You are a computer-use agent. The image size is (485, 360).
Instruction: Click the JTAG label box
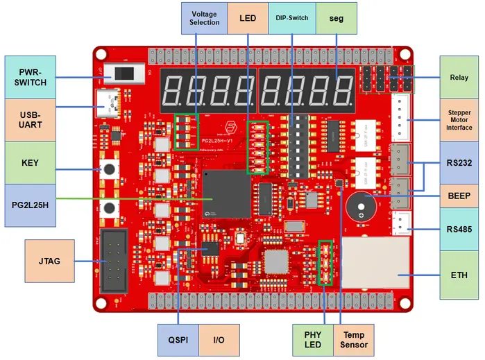click(x=49, y=261)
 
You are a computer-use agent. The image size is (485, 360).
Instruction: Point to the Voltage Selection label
click(x=204, y=17)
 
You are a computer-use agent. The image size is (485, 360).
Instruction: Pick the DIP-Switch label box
click(x=291, y=17)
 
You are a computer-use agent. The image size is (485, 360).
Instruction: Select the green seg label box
click(x=337, y=17)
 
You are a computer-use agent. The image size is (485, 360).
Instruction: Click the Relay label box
click(x=459, y=77)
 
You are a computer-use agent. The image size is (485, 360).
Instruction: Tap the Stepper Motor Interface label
click(x=459, y=119)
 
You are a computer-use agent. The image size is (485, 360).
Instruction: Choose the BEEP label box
click(x=459, y=195)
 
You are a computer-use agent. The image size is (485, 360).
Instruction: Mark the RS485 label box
click(x=459, y=229)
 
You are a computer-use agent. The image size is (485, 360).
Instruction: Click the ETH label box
click(x=459, y=275)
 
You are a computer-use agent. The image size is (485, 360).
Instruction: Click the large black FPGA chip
click(x=227, y=194)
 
